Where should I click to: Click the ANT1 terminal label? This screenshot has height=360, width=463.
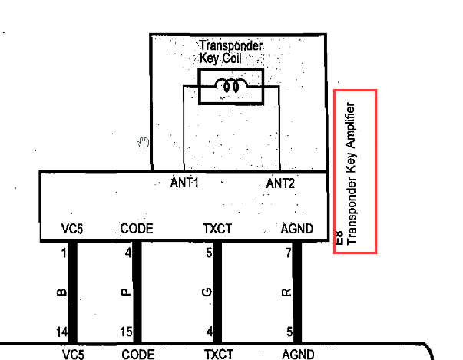click(x=184, y=183)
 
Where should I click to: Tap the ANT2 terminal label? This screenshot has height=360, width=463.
click(x=280, y=183)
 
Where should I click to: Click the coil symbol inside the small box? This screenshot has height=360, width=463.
click(x=231, y=85)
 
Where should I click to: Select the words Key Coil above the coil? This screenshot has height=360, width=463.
click(x=220, y=58)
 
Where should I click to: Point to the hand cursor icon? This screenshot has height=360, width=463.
click(x=144, y=143)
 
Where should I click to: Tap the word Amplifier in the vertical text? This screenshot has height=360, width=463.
click(x=351, y=125)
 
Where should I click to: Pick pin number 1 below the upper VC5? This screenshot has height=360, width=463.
click(x=64, y=253)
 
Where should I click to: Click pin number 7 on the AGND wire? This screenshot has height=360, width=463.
click(x=289, y=253)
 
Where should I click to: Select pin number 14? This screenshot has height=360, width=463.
click(x=61, y=332)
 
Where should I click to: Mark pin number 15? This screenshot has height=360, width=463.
click(x=126, y=332)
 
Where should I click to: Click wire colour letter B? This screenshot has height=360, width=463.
click(x=61, y=292)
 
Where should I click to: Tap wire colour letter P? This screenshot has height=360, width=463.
click(x=126, y=292)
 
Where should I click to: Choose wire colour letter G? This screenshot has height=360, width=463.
click(x=207, y=292)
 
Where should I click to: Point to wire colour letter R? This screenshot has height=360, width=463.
click(x=286, y=292)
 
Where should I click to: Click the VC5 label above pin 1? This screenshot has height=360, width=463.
click(x=72, y=229)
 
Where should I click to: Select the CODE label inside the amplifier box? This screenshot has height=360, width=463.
click(x=137, y=229)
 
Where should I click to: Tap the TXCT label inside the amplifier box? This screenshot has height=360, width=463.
click(x=217, y=229)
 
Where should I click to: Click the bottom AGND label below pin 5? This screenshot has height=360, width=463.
click(x=298, y=355)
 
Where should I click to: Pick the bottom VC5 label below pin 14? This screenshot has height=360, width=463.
click(x=73, y=355)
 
